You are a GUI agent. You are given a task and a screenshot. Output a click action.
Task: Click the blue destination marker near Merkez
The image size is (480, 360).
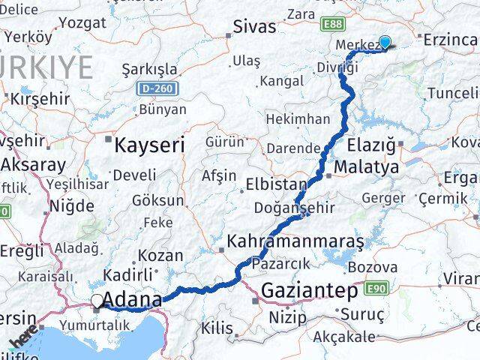385,43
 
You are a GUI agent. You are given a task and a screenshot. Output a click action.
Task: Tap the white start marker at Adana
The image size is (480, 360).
97,301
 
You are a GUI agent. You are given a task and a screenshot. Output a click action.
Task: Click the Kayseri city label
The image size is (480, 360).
149,144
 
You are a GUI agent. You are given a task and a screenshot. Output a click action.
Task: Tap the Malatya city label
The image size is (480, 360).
367,167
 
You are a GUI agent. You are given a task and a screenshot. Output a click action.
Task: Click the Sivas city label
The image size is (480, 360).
254,27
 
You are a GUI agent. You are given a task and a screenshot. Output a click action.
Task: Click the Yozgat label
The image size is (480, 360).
82,22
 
